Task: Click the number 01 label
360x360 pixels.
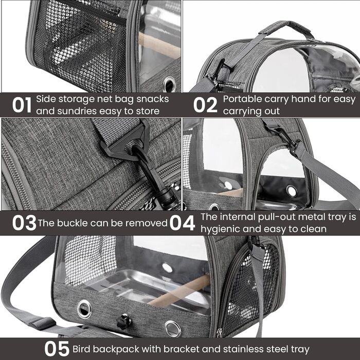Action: [22, 105]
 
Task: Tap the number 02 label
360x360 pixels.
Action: [205, 105]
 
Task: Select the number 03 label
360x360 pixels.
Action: [24, 223]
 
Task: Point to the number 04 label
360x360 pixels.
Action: [182, 223]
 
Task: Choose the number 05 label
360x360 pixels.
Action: [57, 349]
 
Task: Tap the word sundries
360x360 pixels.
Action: [77, 111]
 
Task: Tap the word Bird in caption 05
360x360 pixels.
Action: [81, 349]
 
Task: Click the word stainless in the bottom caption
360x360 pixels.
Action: [243, 349]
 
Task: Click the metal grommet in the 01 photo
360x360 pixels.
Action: [169, 84]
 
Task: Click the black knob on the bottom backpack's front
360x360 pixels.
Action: [123, 321]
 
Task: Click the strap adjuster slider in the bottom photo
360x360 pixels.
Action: [43, 323]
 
